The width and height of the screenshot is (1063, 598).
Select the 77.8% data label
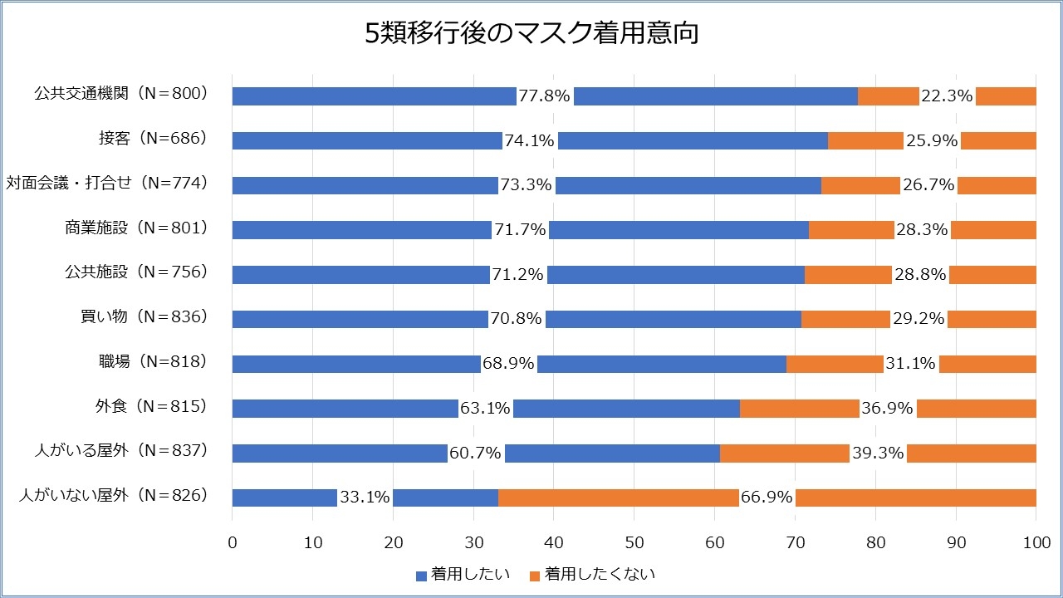pyautogui.click(x=544, y=96)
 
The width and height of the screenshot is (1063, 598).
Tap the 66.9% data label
pyautogui.click(x=767, y=498)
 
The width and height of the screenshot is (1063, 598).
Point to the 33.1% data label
pyautogui.click(x=365, y=498)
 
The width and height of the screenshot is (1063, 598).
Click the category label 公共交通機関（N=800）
pyautogui.click(x=120, y=94)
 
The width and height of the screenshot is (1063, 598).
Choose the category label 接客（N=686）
pyautogui.click(x=152, y=139)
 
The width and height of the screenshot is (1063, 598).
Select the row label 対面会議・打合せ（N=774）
pyautogui.click(x=106, y=183)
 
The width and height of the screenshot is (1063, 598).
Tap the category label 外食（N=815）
pyautogui.click(x=150, y=406)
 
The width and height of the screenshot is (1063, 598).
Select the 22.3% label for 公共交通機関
pyautogui.click(x=947, y=96)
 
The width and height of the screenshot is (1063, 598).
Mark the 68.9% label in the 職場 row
pyautogui.click(x=508, y=364)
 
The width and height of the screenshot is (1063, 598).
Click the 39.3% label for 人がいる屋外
pyautogui.click(x=878, y=453)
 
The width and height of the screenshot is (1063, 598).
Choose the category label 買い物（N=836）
pyautogui.click(x=143, y=316)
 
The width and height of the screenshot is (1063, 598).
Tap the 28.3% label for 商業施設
pyautogui.click(x=922, y=230)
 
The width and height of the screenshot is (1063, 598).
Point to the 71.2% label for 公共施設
pyautogui.click(x=518, y=275)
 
